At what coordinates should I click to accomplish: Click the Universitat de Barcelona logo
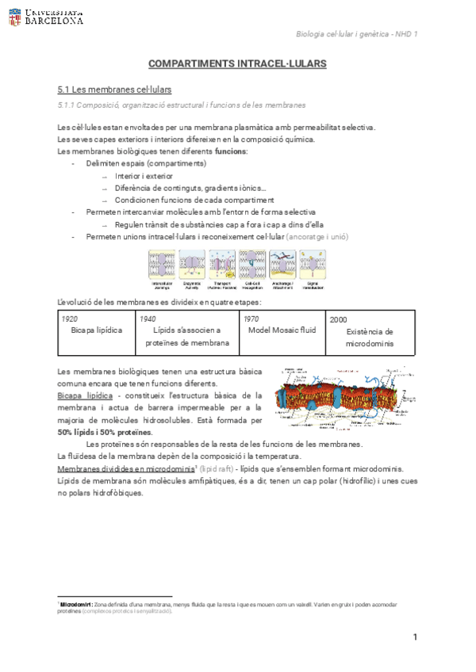point(46,17)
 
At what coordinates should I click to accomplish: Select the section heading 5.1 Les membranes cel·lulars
point(115,90)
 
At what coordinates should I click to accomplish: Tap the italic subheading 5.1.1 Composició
point(182,105)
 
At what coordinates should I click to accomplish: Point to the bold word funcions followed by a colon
point(231,151)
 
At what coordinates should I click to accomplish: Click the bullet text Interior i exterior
point(144,176)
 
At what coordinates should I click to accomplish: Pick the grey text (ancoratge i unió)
point(317,237)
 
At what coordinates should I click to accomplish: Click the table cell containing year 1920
point(96,330)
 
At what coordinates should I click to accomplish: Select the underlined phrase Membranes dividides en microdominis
point(126,469)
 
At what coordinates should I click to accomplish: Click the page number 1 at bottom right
point(415,638)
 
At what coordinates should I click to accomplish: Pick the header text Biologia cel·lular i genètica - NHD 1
point(356,33)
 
